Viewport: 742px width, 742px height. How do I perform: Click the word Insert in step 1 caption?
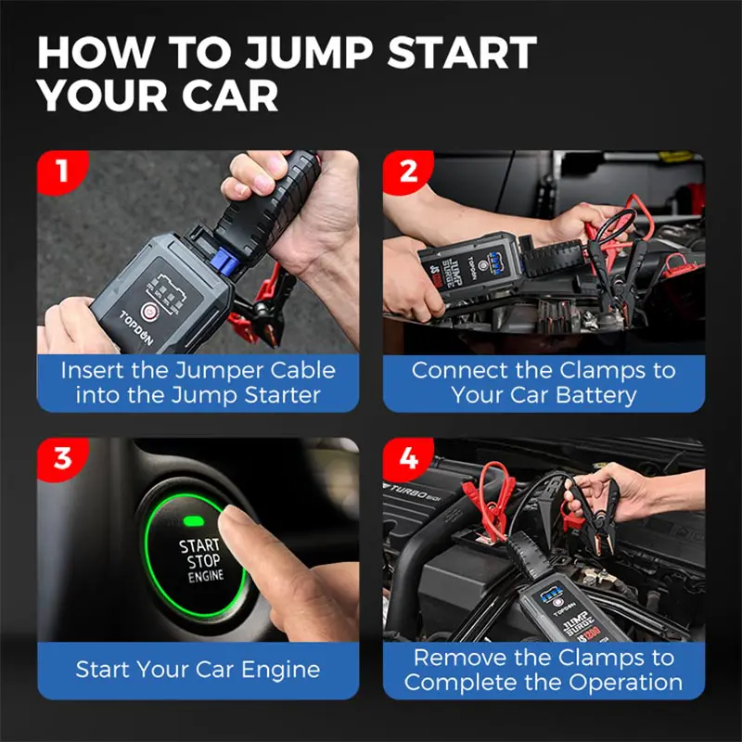pyautogui.click(x=96, y=370)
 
